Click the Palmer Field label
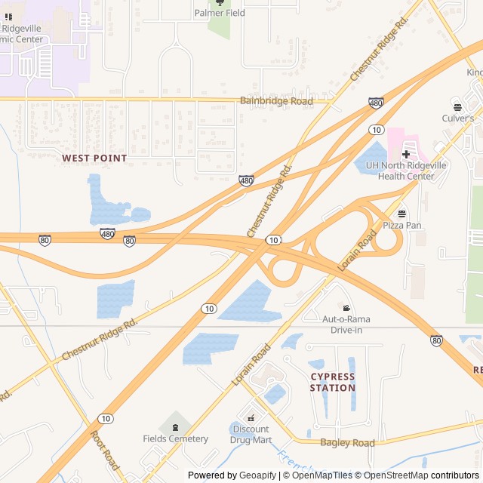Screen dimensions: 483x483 [220, 13]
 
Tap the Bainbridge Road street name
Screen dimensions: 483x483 [276, 100]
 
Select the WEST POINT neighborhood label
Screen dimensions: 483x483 [94, 158]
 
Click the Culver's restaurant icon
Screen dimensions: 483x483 [457, 106]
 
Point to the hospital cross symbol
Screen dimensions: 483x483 [405, 154]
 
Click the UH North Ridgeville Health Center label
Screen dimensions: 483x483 [400, 171]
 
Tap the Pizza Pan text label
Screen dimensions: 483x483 [401, 225]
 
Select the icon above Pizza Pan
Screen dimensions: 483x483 [401, 214]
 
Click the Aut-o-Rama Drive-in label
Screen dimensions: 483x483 [346, 324]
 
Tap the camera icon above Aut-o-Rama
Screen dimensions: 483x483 [346, 308]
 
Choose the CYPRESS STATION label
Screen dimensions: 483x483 [333, 382]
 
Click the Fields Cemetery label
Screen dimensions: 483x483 [175, 438]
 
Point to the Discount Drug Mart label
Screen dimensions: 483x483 [251, 434]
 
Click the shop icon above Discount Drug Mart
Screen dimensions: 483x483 [251, 417]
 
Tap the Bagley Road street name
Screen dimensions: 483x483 [347, 443]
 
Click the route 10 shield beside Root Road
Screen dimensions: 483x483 [106, 418]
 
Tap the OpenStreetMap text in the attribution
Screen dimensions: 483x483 [390, 475]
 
